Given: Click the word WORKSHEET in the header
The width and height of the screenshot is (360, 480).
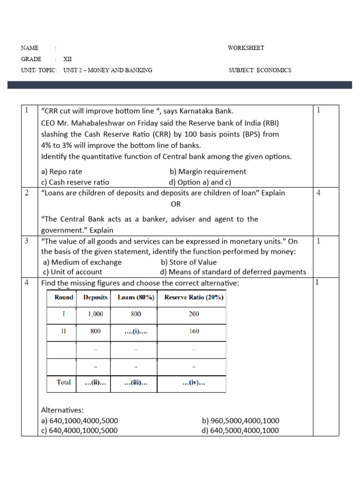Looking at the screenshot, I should pyautogui.click(x=246, y=48).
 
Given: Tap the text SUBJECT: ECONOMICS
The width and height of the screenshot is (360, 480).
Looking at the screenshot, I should pyautogui.click(x=260, y=70).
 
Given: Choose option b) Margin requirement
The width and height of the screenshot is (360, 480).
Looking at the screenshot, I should pyautogui.click(x=208, y=172).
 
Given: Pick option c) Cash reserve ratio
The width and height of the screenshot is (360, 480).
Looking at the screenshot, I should pyautogui.click(x=75, y=182).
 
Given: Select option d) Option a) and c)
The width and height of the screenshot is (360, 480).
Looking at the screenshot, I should pyautogui.click(x=200, y=182).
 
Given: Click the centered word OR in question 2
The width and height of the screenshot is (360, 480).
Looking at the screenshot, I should pyautogui.click(x=175, y=204).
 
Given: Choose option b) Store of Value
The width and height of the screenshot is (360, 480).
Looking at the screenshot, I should pyautogui.click(x=188, y=262).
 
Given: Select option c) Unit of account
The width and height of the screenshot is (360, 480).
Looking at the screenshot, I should pyautogui.click(x=72, y=272).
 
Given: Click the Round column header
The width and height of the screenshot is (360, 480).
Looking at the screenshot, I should pyautogui.click(x=64, y=298).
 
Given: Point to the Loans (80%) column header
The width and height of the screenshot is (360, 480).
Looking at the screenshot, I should pyautogui.click(x=136, y=298).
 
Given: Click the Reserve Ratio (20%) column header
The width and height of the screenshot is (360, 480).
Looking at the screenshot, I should pyautogui.click(x=194, y=298).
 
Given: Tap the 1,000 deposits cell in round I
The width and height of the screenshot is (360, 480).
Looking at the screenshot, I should pyautogui.click(x=95, y=314).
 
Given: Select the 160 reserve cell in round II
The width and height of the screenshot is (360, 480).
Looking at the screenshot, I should pyautogui.click(x=194, y=331).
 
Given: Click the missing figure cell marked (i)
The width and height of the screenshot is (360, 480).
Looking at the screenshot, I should pyautogui.click(x=136, y=331).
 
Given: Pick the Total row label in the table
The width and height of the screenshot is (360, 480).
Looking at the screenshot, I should pyautogui.click(x=64, y=382).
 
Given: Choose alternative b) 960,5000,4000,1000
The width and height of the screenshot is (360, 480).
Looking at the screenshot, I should pyautogui.click(x=240, y=421).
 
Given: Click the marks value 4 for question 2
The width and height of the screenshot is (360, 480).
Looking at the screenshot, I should pyautogui.click(x=319, y=193).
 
